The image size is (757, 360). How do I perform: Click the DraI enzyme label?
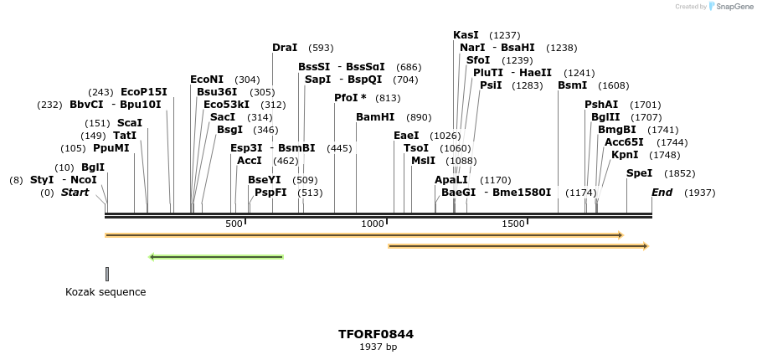click(x=285, y=48)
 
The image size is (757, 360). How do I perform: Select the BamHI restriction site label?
click(x=374, y=117)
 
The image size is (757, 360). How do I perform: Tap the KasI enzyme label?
click(x=466, y=35)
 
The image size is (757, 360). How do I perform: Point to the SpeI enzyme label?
click(x=639, y=173)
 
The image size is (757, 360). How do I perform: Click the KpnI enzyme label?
click(x=625, y=155)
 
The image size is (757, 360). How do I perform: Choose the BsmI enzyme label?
click(x=572, y=85)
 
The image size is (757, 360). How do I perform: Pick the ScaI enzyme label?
click(x=129, y=123)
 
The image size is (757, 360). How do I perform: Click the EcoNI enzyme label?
click(x=207, y=80)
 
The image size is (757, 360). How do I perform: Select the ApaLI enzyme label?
click(x=451, y=180)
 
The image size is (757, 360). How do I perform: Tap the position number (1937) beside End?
click(x=699, y=193)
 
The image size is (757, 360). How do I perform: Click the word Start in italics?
click(x=75, y=193)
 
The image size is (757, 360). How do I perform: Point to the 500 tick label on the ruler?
click(x=234, y=224)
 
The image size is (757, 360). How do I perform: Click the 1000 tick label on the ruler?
click(x=373, y=224)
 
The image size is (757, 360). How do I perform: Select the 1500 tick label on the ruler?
click(x=512, y=224)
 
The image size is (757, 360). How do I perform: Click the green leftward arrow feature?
click(x=216, y=257)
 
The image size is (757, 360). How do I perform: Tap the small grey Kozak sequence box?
click(x=107, y=274)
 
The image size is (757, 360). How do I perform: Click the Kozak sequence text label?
click(x=106, y=292)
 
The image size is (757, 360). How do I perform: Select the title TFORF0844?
click(x=376, y=334)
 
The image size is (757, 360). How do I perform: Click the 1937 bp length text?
click(x=378, y=347)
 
